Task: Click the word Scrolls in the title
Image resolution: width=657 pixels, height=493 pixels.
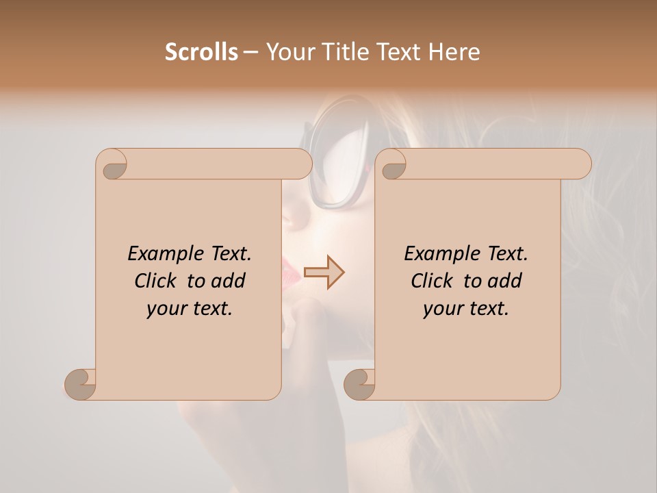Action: tap(201, 52)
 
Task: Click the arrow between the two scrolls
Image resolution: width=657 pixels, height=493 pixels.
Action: tap(324, 273)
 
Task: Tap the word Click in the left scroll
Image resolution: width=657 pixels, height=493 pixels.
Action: tap(156, 281)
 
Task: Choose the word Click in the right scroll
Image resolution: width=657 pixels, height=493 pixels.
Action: tap(433, 281)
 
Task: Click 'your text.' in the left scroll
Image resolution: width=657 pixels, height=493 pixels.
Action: tap(190, 309)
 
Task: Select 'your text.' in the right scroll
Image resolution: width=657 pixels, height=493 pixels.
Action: tap(466, 309)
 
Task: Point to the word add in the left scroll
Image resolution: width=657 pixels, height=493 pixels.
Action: tap(229, 281)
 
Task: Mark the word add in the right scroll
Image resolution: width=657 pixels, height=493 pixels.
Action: tap(505, 281)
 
